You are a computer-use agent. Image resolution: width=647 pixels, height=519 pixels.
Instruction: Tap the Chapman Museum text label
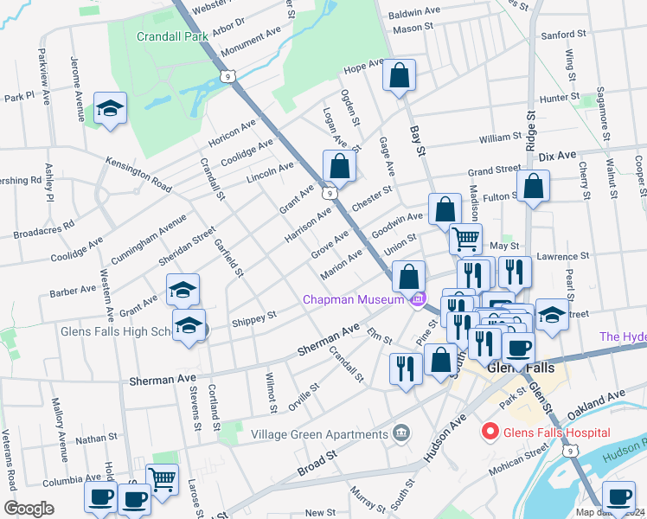[x=353, y=299]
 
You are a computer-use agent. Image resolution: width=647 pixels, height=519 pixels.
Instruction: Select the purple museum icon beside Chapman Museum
[x=419, y=299]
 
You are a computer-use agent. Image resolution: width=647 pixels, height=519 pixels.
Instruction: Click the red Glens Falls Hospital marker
[x=490, y=430]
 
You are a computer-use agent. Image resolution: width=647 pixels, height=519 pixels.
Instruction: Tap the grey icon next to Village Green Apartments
[x=400, y=432]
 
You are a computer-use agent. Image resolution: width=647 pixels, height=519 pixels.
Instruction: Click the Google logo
[x=29, y=508]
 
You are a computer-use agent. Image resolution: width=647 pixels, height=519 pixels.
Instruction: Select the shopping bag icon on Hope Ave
[x=399, y=75]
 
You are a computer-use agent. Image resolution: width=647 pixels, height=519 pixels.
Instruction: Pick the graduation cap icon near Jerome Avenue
[x=109, y=109]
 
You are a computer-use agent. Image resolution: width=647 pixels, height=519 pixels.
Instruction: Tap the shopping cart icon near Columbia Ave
[x=162, y=479]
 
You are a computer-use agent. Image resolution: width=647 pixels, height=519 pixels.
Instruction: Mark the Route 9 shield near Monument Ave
[x=227, y=77]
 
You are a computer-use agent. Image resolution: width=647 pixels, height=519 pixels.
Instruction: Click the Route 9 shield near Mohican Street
[x=569, y=451]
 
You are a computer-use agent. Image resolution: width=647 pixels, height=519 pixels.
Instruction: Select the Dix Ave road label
[x=557, y=157]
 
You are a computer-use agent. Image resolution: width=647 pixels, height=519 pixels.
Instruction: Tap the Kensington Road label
[x=138, y=174]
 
